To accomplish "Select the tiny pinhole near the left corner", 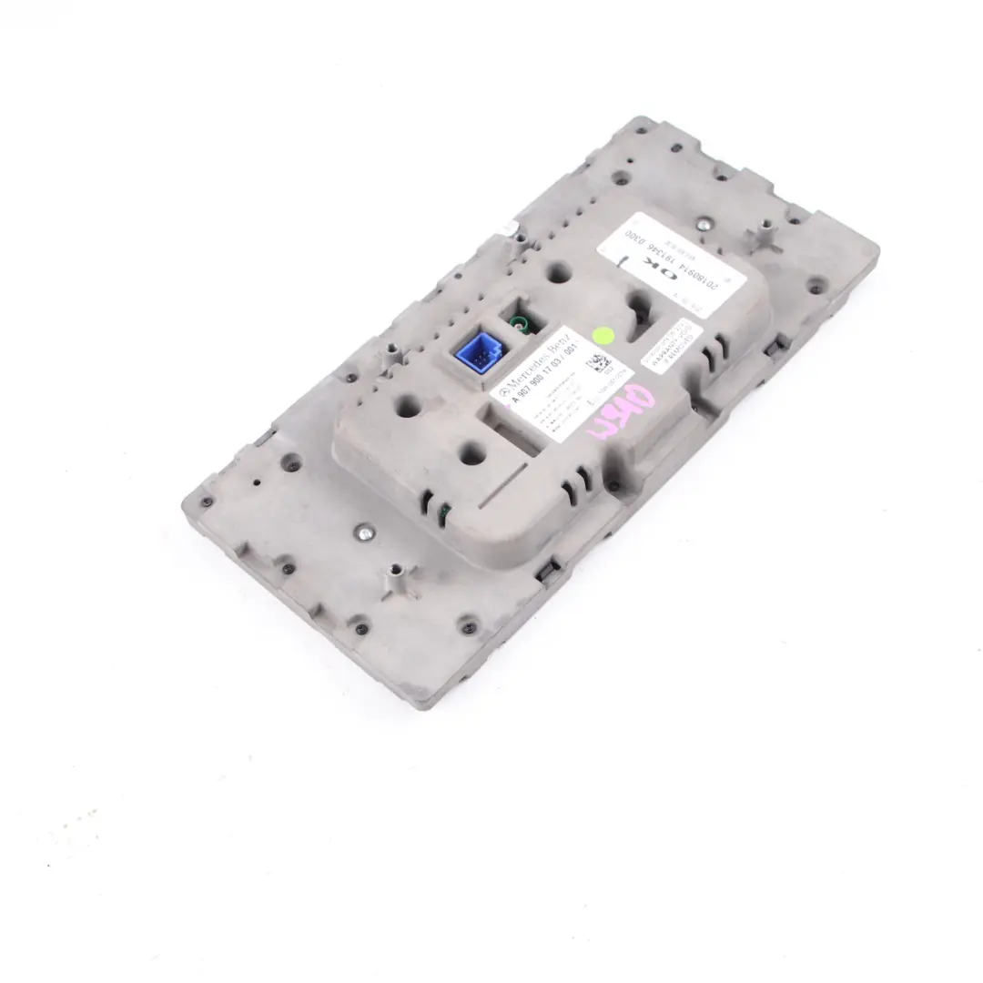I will (257, 482).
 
